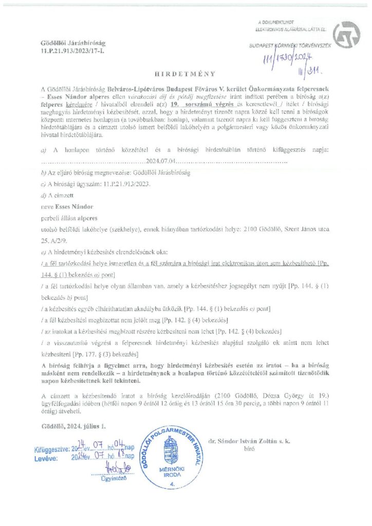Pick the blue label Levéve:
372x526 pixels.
pyautogui.click(x=46, y=456)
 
